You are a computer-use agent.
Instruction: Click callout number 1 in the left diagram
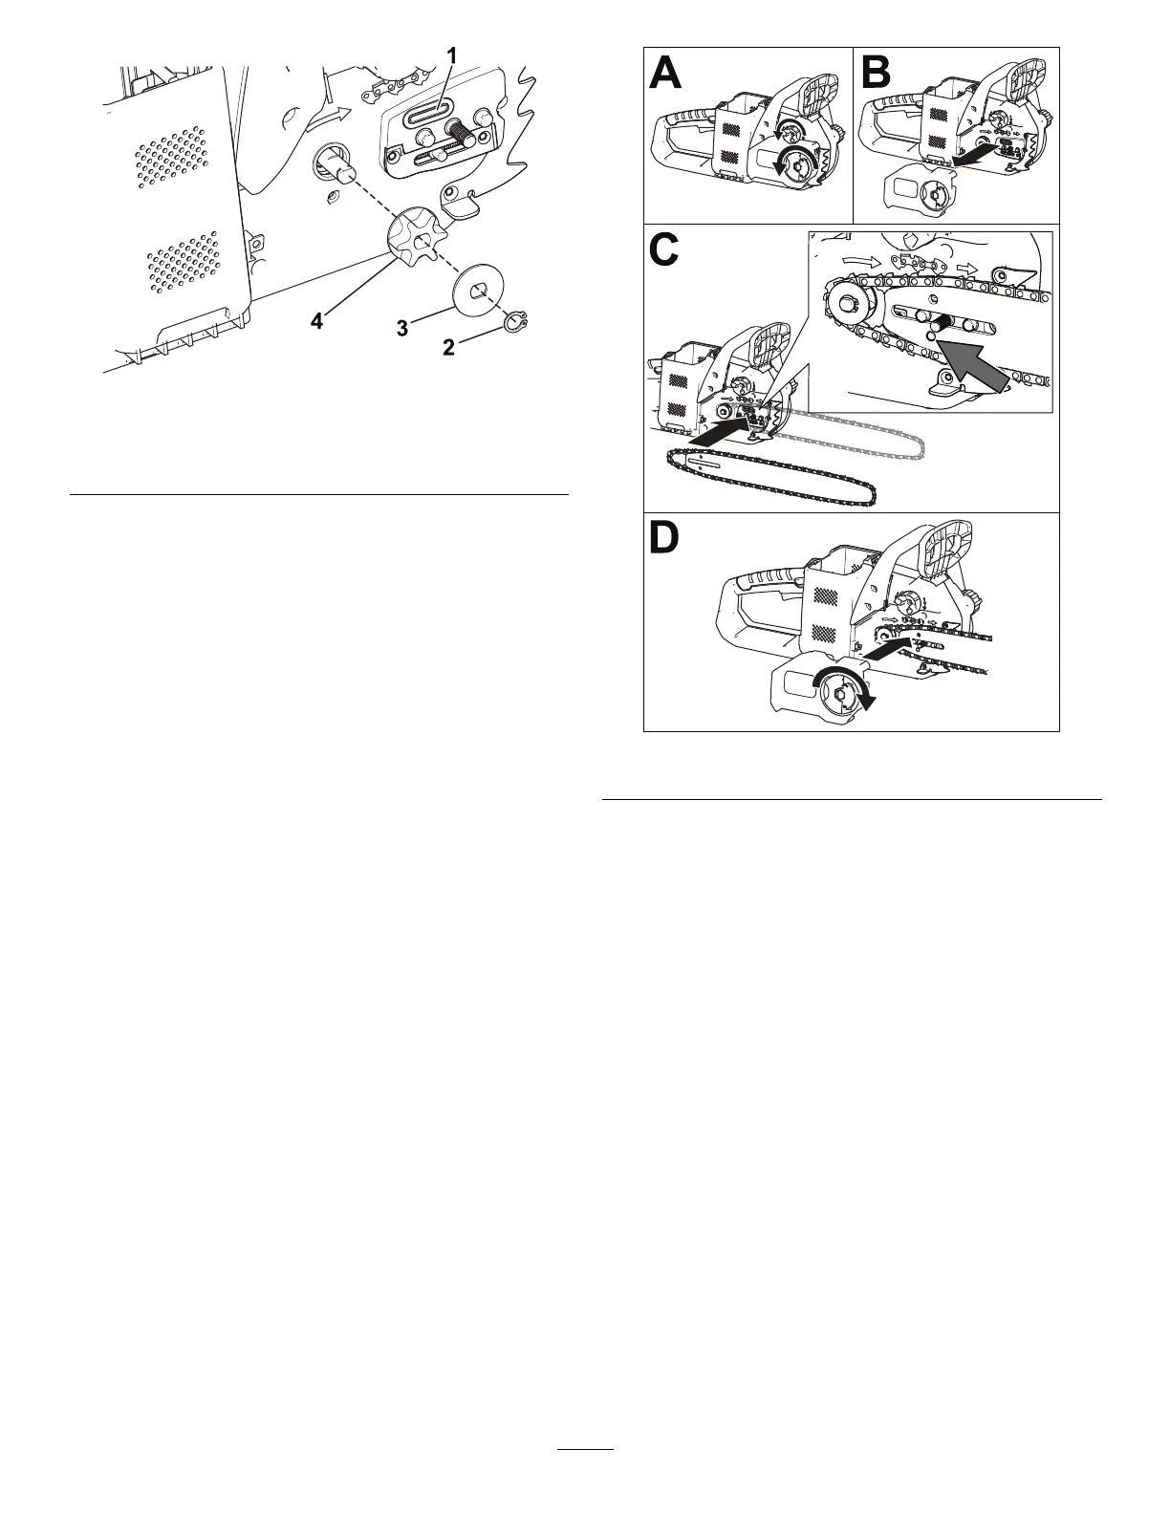point(452,58)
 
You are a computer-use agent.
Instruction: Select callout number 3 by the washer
point(402,328)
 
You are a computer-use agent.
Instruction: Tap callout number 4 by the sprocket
point(317,322)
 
